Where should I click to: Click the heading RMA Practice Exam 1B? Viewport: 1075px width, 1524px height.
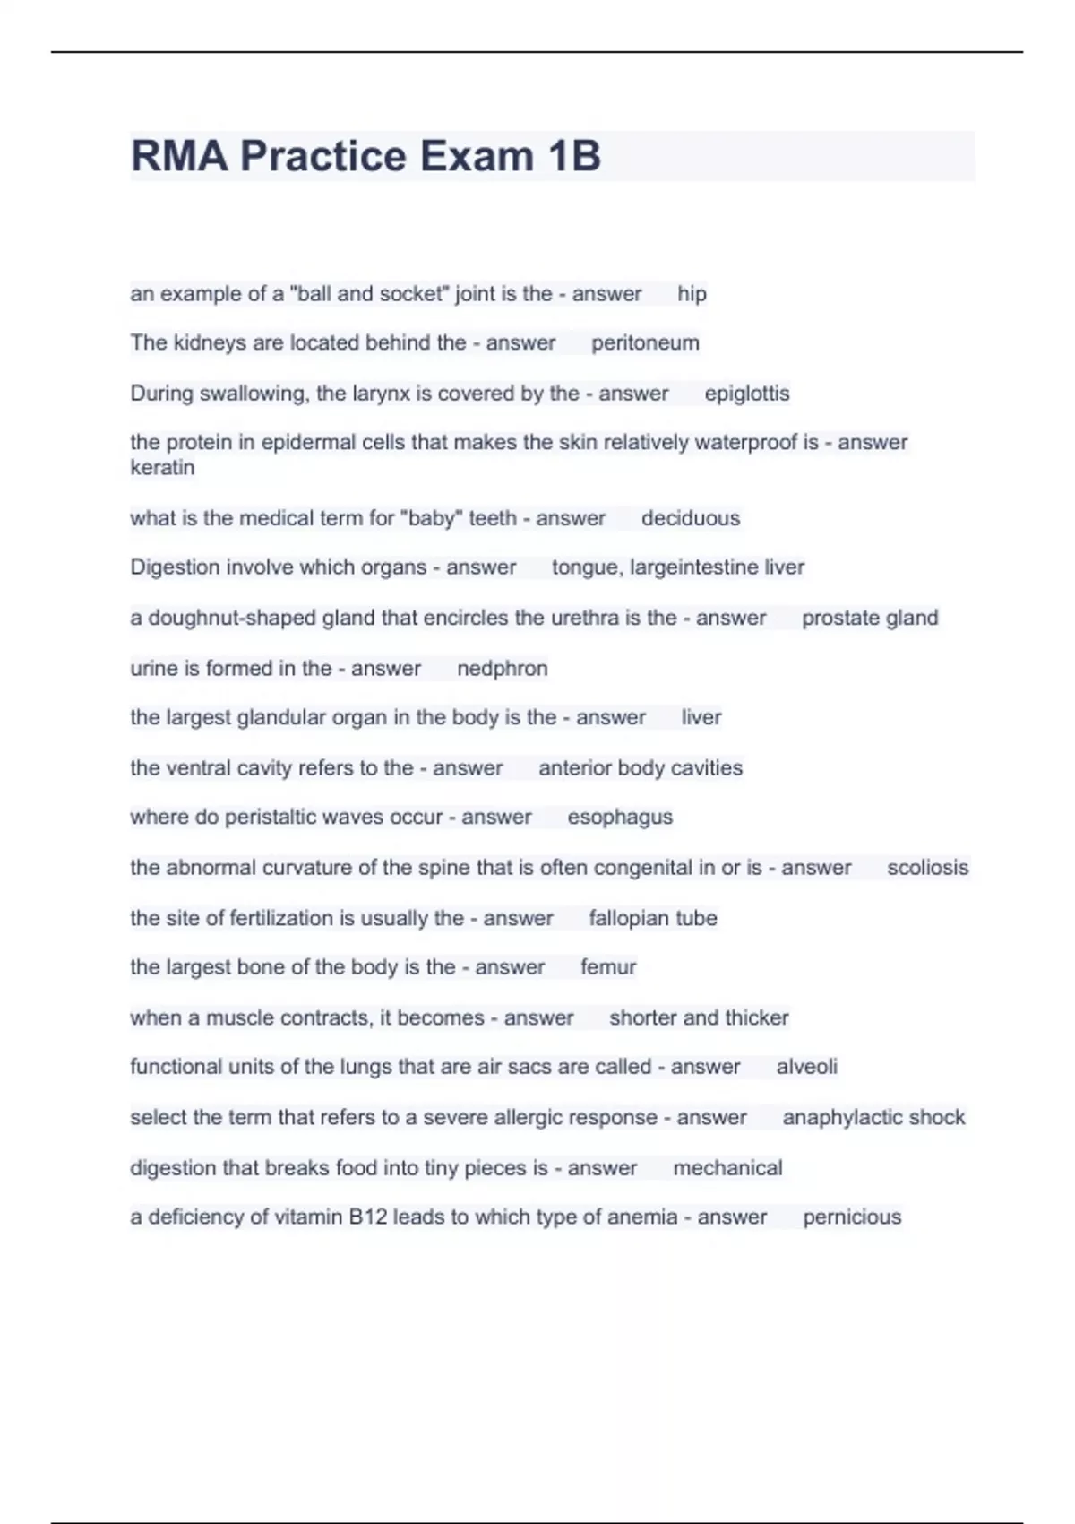(365, 156)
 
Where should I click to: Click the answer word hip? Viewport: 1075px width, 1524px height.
(692, 294)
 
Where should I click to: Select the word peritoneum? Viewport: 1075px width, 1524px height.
(645, 343)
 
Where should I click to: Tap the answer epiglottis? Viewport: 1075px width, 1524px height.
(747, 394)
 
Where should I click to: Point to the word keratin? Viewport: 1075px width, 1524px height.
(162, 468)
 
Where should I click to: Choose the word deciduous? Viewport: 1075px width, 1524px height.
(691, 518)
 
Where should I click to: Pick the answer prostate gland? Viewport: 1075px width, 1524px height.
(870, 618)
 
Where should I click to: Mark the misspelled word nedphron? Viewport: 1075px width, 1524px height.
(502, 669)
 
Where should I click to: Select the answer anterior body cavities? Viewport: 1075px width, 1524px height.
(641, 768)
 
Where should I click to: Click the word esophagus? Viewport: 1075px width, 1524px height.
(620, 818)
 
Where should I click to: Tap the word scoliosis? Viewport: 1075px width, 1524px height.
(927, 868)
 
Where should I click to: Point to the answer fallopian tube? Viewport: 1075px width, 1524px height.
(653, 918)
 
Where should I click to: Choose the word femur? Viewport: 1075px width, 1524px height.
(608, 967)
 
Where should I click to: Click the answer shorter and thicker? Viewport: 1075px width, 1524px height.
(699, 1017)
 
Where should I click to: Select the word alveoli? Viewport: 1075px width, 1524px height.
(806, 1067)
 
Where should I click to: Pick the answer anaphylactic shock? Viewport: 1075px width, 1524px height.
(873, 1118)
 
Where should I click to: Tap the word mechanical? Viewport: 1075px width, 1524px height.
(727, 1168)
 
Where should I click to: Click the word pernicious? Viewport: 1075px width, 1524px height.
(852, 1217)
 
